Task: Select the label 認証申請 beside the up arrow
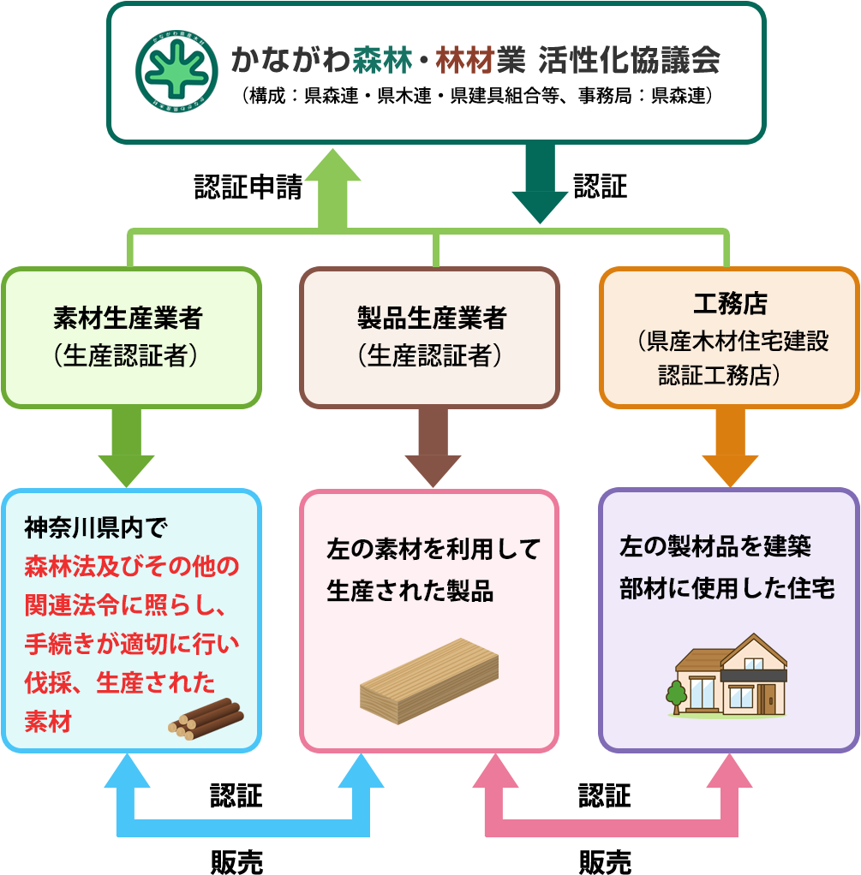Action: click(x=248, y=187)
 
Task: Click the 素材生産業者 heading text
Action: click(x=128, y=319)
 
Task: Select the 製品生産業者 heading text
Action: click(x=432, y=319)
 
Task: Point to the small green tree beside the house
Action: click(x=676, y=694)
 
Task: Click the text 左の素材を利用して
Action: click(x=433, y=549)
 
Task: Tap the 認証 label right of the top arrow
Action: click(x=601, y=187)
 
